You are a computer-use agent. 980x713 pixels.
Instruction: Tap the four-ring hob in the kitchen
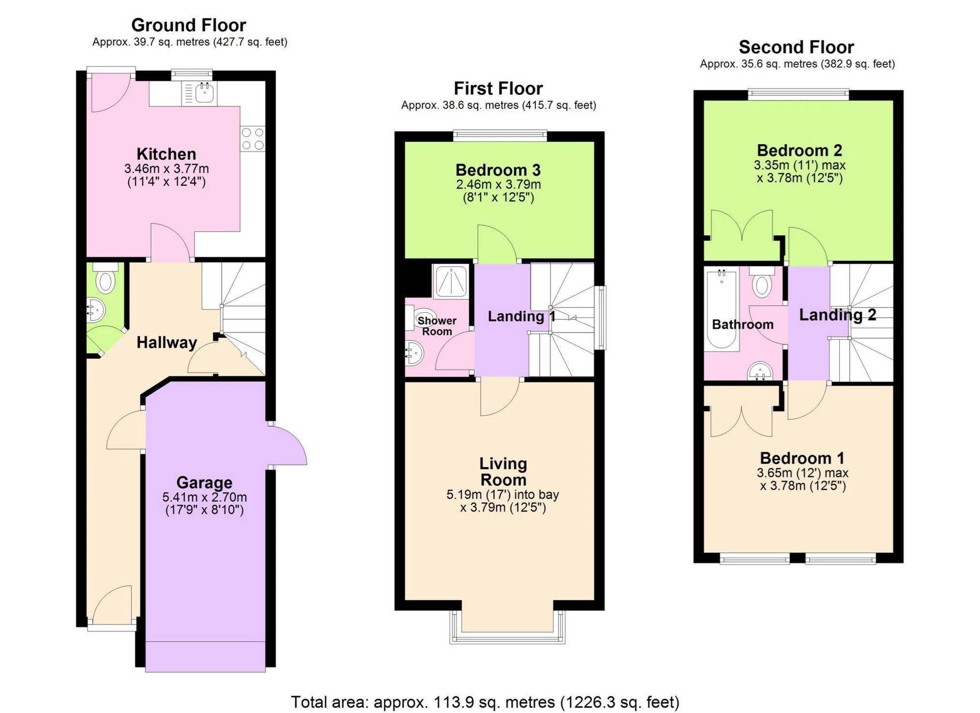pyautogui.click(x=253, y=138)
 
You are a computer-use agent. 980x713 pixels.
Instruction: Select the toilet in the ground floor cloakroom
pyautogui.click(x=106, y=281)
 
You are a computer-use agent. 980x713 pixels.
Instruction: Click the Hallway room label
pyautogui.click(x=166, y=342)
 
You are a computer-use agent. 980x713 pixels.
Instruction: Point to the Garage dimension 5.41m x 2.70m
pyautogui.click(x=204, y=497)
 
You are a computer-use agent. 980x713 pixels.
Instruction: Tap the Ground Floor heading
pyautogui.click(x=189, y=25)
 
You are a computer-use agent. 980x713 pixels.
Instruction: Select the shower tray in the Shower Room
pyautogui.click(x=451, y=281)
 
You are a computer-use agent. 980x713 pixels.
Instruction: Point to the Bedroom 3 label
pyautogui.click(x=498, y=170)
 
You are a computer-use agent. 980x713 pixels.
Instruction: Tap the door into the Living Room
pyautogui.click(x=499, y=397)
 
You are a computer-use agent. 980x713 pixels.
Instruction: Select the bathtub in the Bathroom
pyautogui.click(x=721, y=310)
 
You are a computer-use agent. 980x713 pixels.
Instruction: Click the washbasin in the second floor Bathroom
pyautogui.click(x=760, y=372)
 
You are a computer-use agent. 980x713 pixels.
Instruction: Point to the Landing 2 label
pyautogui.click(x=837, y=315)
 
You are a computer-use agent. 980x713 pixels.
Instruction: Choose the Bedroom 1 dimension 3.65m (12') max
pyautogui.click(x=802, y=473)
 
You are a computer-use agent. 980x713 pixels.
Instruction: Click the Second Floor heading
pyautogui.click(x=796, y=47)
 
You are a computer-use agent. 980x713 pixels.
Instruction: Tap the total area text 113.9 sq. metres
pyautogui.click(x=485, y=701)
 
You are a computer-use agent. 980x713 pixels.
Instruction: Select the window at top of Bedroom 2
pyautogui.click(x=798, y=94)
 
